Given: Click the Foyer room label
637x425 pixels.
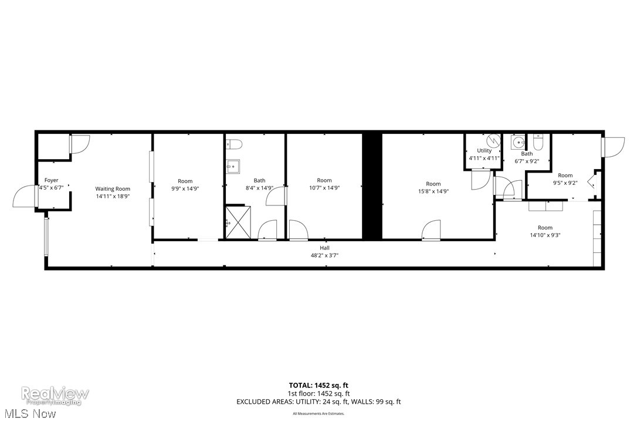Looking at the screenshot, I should click(51, 181).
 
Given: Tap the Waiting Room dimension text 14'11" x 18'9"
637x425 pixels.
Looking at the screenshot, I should click(113, 197).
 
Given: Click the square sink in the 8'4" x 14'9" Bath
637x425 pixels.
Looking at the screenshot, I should click(233, 166).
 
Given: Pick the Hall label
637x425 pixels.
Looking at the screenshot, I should click(324, 248).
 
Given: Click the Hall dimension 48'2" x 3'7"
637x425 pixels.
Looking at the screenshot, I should click(324, 255).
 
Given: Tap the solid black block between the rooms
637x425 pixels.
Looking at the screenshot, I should click(372, 186).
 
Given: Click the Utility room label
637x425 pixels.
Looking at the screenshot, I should click(484, 151).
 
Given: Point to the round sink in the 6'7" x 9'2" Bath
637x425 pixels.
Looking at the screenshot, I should click(518, 142).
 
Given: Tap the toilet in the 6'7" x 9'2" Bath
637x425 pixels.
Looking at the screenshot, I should click(539, 141).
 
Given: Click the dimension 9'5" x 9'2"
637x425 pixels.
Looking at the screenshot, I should click(565, 183).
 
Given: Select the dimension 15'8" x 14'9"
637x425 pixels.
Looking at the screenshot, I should click(433, 191).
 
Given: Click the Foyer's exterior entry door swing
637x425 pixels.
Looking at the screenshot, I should click(25, 196).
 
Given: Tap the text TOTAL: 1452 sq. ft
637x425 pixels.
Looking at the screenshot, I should click(318, 386).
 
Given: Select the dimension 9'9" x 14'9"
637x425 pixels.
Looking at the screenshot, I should click(185, 188).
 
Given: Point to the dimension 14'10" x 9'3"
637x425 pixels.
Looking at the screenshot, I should click(545, 235).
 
